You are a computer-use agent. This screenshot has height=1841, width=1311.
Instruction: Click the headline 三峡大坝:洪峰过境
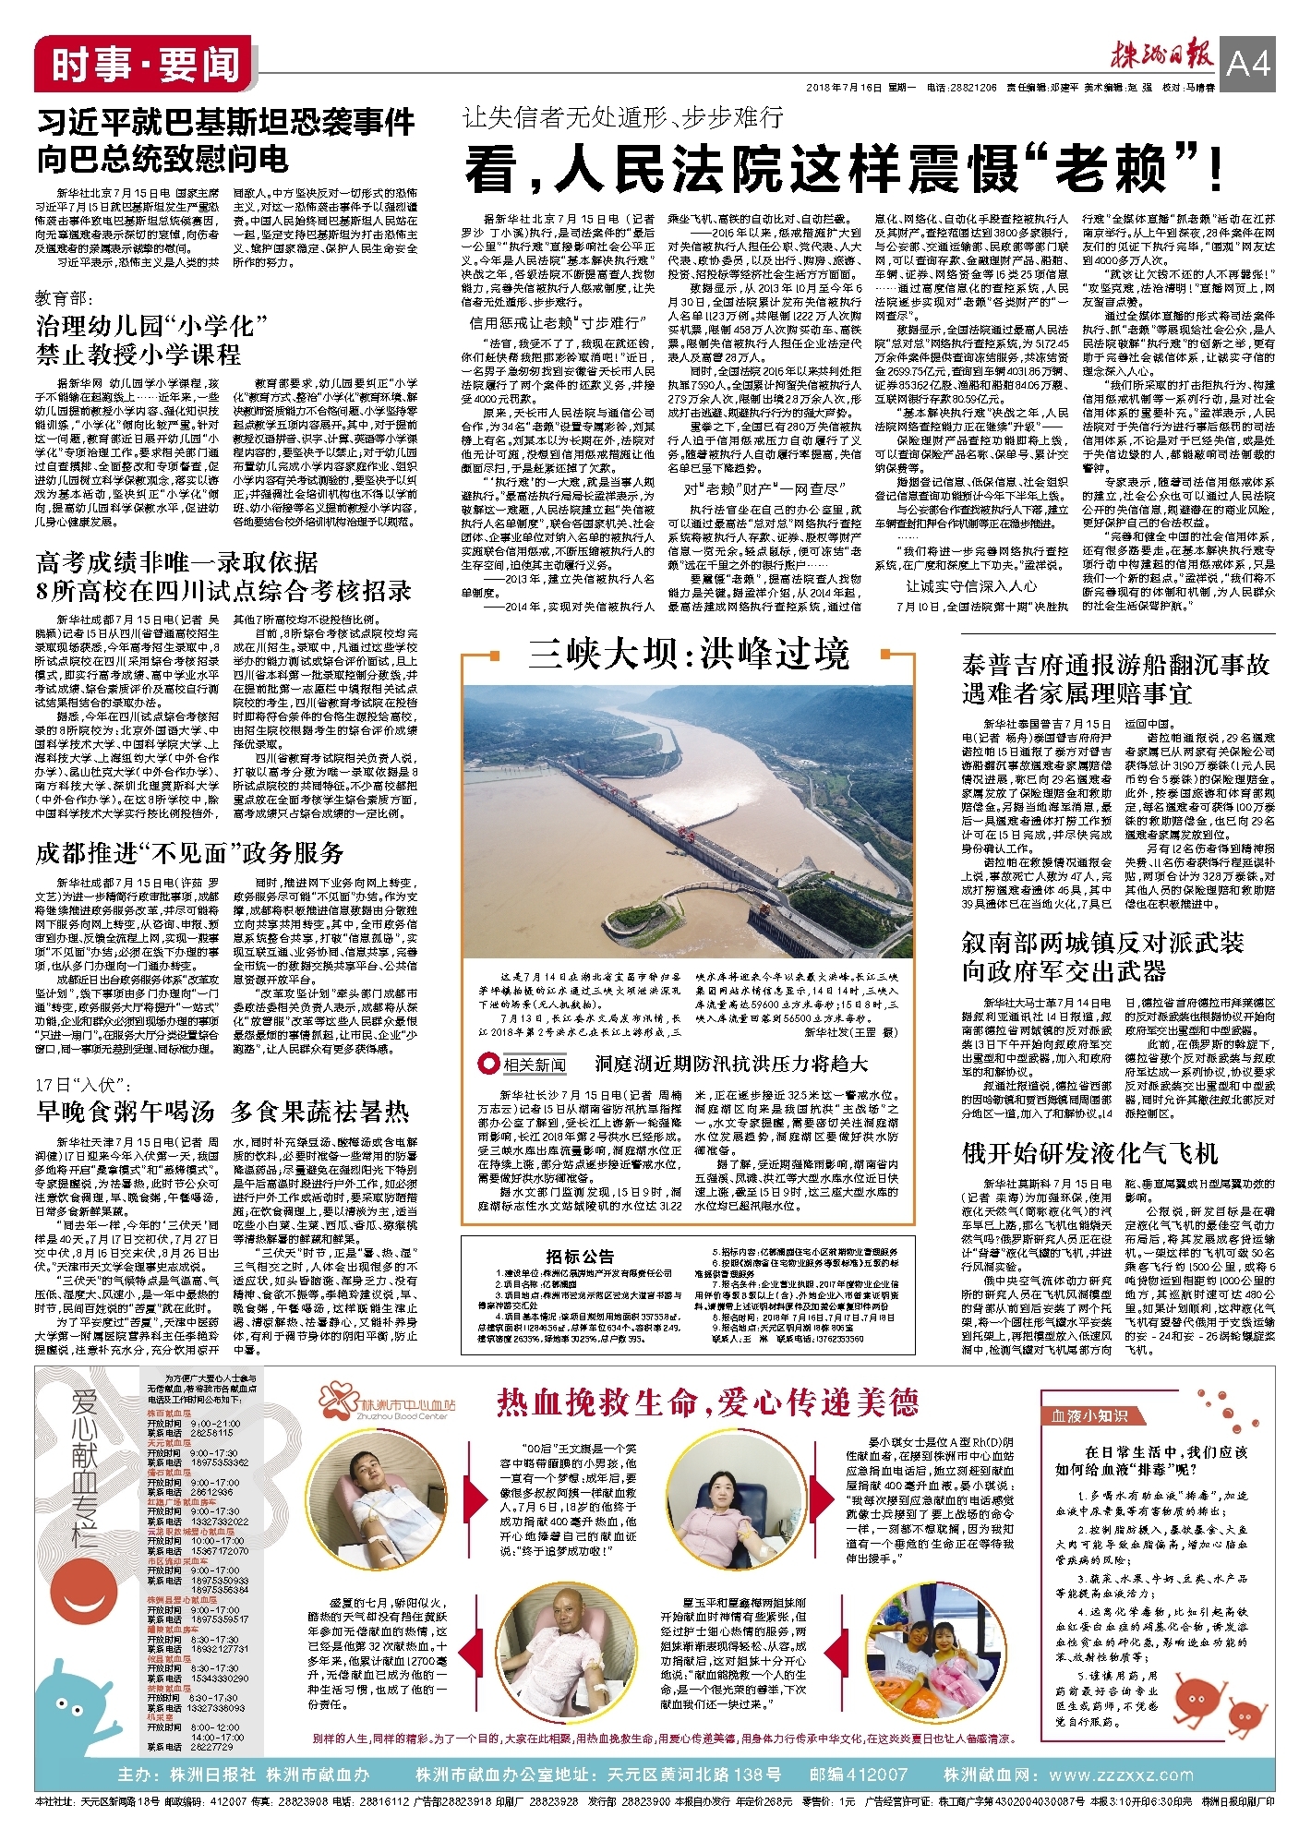689,655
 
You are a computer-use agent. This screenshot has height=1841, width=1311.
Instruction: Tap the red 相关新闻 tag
525,1065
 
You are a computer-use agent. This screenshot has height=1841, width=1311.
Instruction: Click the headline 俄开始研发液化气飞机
1089,1153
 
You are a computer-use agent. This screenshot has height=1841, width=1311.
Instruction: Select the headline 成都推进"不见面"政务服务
190,852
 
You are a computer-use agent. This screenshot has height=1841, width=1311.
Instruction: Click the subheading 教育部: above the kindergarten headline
64,297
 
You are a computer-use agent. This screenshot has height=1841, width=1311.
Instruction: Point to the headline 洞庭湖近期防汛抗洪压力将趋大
731,1064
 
